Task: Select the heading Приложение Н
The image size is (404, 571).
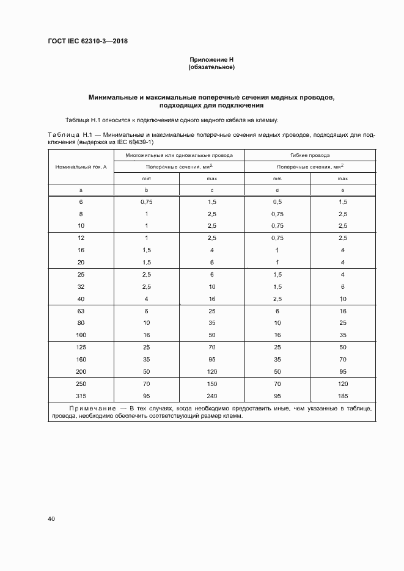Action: (211, 59)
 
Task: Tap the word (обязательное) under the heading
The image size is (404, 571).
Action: (211, 67)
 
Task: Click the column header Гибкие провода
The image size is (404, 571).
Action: (310, 155)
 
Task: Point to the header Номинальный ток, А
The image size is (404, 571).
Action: (81, 166)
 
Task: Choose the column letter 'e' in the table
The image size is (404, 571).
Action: (342, 190)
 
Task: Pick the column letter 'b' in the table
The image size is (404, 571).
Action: (146, 190)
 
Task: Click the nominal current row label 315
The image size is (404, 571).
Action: (81, 395)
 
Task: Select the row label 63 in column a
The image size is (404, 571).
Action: (81, 311)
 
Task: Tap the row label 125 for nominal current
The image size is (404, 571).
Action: (81, 346)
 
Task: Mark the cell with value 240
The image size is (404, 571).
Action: (211, 395)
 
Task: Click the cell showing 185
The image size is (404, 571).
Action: (342, 395)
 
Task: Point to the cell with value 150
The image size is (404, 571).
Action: (211, 383)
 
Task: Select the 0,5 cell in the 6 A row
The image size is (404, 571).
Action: (277, 201)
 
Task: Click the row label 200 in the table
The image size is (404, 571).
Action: (81, 371)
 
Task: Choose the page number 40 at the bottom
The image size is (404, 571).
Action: (51, 518)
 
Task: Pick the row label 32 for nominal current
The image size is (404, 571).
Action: (81, 286)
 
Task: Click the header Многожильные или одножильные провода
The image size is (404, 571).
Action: (179, 155)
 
